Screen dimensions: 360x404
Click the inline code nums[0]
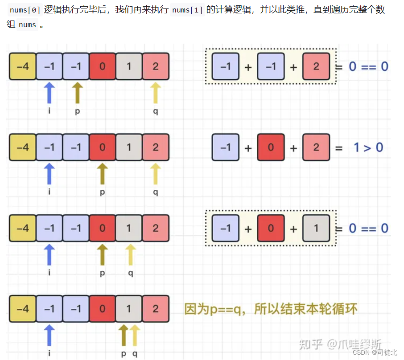[25, 10]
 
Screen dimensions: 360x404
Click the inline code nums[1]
[187, 10]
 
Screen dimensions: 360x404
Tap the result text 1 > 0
[368, 147]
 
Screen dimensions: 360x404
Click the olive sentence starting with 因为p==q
[271, 309]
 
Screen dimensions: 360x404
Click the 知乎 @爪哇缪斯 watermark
[340, 344]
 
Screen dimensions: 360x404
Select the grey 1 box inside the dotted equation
[316, 229]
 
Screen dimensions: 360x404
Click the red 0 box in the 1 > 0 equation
[271, 147]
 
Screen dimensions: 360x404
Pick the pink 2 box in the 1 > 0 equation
[316, 147]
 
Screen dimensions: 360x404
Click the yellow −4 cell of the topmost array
[22, 66]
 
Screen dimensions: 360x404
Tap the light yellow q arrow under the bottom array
[134, 335]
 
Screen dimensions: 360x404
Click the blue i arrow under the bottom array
[49, 335]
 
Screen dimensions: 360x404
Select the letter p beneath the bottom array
[124, 354]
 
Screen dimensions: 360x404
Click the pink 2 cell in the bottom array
[156, 309]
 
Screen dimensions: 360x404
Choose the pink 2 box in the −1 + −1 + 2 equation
[316, 66]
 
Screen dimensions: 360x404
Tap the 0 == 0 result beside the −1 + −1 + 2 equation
[368, 66]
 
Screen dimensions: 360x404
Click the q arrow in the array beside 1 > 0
[156, 174]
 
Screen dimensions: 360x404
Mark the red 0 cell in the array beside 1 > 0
[103, 147]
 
